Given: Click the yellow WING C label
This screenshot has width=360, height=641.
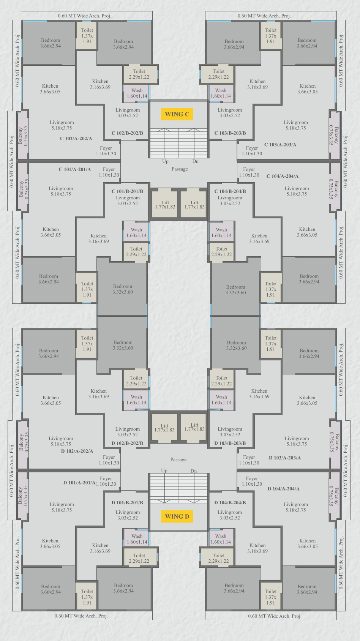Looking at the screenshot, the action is point(177,114).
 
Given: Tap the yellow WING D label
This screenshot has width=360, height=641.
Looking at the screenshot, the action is point(177,516).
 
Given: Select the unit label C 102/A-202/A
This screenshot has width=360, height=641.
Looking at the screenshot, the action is point(76,139).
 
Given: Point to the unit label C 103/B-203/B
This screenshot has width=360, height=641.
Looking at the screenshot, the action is point(230,133).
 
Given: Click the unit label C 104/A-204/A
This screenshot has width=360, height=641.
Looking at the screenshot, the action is point(283,176).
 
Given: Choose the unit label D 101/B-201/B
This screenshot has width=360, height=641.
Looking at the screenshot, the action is point(127,502).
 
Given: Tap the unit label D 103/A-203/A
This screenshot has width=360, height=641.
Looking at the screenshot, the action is point(285,458).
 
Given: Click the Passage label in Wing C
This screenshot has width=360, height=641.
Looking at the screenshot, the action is point(180,169).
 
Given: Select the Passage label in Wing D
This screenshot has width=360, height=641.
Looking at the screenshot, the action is point(178,459).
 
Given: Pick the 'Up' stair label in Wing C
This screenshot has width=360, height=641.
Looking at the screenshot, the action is point(166,161).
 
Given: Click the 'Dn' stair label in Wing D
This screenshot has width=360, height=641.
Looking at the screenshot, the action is point(194,471).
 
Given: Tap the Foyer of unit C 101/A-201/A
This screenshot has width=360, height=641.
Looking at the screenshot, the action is point(109,172).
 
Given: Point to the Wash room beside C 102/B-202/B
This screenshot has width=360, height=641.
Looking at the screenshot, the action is point(137,93).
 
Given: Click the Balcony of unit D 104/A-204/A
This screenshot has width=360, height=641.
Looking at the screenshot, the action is point(335,496).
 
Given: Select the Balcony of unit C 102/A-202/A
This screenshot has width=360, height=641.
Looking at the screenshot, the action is point(23,135).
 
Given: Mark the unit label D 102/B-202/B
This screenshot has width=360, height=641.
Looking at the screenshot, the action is point(127,443).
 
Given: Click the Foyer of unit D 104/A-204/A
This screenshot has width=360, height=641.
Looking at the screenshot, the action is point(252,482).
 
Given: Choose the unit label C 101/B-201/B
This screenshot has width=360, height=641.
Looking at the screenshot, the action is point(127,191).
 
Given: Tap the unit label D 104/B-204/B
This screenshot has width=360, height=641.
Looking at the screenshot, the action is point(230,502).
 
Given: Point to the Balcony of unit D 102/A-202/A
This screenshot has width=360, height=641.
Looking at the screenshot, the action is point(23,444).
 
